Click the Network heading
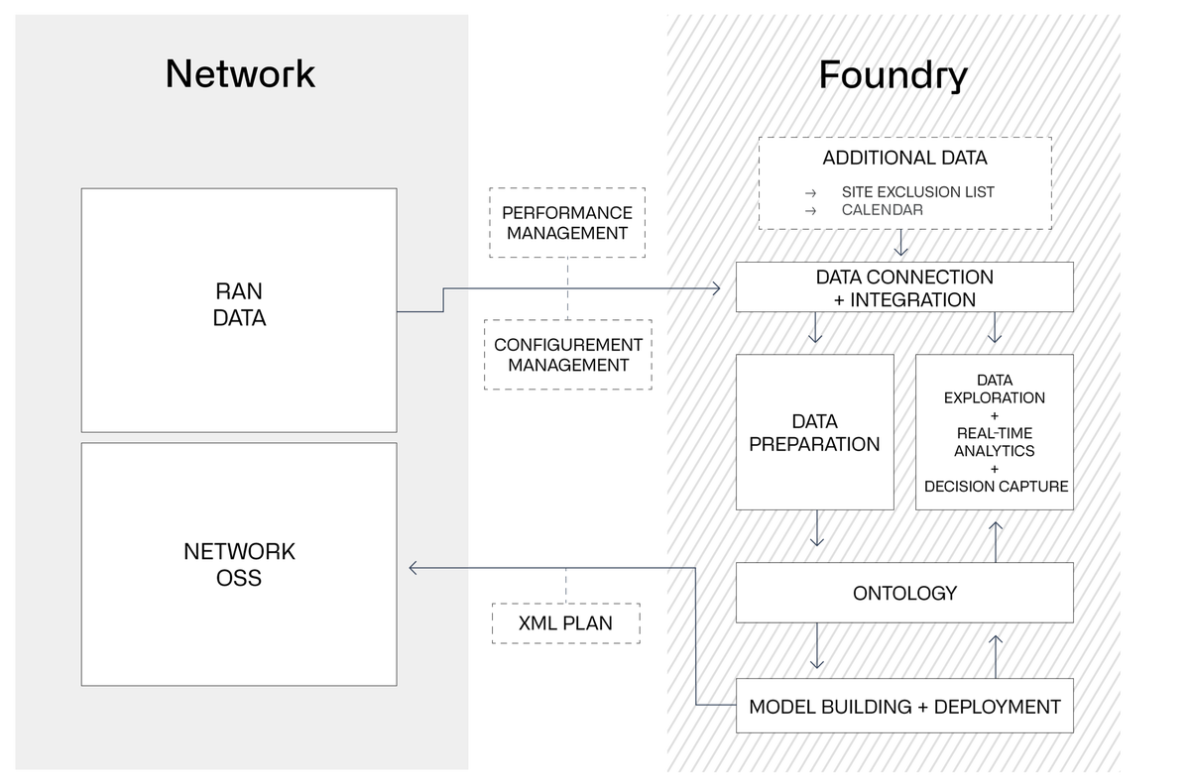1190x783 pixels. pos(240,74)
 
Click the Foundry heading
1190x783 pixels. pos(892,74)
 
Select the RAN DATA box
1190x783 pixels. pos(239,308)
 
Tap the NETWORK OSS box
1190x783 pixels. pos(239,564)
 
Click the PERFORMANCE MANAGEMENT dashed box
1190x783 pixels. pos(566,223)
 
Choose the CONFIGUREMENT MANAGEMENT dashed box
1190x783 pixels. pos(567,354)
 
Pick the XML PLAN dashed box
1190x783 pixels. pos(565,624)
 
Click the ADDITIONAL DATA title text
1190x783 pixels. pos(904,159)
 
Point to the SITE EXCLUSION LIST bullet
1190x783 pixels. pos(917,191)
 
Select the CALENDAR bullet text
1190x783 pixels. pos(882,210)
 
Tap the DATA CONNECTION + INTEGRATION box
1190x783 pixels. pos(904,288)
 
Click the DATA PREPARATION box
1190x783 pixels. pos(814,433)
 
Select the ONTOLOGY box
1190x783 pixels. pos(904,593)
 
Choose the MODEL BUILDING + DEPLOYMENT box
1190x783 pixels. pos(904,707)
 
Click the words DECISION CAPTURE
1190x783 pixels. pos(995,487)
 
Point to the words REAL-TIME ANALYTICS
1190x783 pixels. pos(995,441)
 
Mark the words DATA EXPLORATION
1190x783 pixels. pos(995,389)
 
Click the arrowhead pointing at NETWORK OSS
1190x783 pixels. pos(415,568)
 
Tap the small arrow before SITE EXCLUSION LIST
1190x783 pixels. pos(810,192)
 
